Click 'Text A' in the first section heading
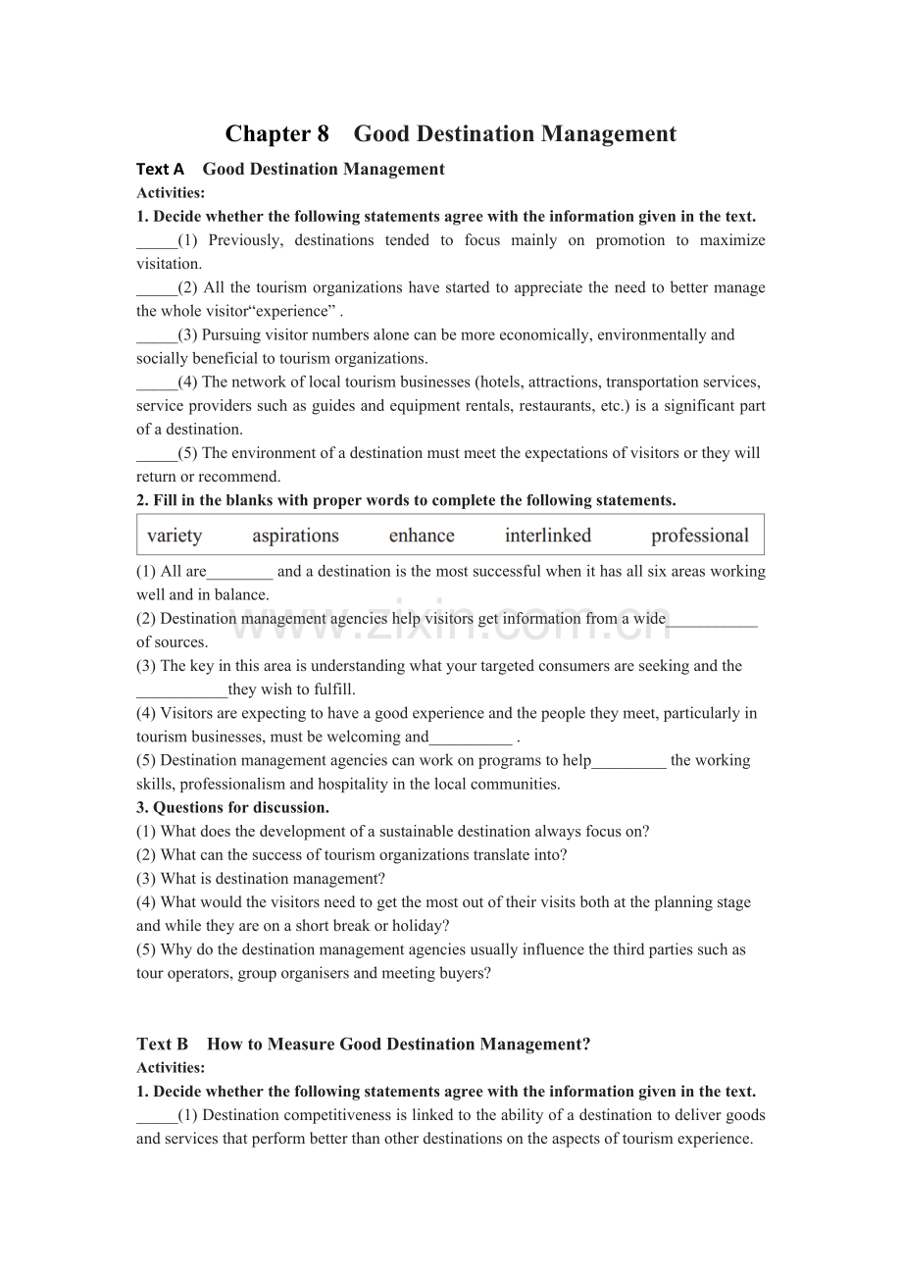tap(160, 170)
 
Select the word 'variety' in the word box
tap(175, 536)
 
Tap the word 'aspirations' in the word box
tap(295, 536)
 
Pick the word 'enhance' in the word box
tap(422, 536)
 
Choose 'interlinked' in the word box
tap(548, 536)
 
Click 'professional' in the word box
tap(699, 536)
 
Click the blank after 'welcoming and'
tap(471, 738)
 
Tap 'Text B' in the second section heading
tap(162, 1045)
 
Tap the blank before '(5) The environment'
tap(156, 454)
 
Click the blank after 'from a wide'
tap(712, 620)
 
